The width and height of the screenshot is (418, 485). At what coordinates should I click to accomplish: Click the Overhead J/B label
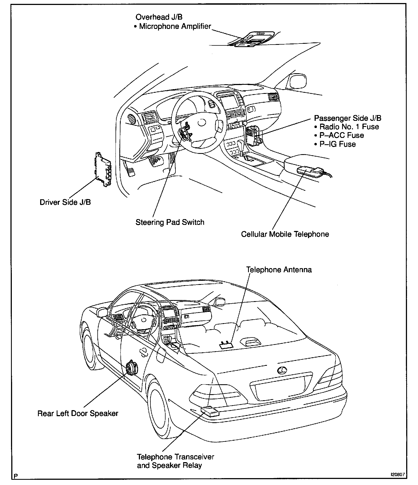click(x=159, y=17)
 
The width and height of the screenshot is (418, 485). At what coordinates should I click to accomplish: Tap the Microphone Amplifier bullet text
click(x=175, y=26)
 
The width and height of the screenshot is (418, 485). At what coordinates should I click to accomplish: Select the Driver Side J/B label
click(x=65, y=202)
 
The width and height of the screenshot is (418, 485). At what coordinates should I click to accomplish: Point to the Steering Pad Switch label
click(x=170, y=222)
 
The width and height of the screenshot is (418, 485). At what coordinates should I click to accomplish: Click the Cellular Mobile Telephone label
click(x=285, y=234)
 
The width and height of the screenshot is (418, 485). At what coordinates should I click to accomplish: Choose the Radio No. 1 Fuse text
click(x=349, y=127)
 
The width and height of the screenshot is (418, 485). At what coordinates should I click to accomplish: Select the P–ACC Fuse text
click(x=342, y=135)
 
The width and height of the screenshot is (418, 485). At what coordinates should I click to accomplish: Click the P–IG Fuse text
click(x=337, y=144)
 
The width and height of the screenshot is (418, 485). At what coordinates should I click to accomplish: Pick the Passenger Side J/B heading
click(x=348, y=118)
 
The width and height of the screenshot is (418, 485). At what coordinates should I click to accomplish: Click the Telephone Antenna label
click(x=279, y=269)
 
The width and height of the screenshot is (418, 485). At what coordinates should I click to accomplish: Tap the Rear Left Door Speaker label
click(x=78, y=413)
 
